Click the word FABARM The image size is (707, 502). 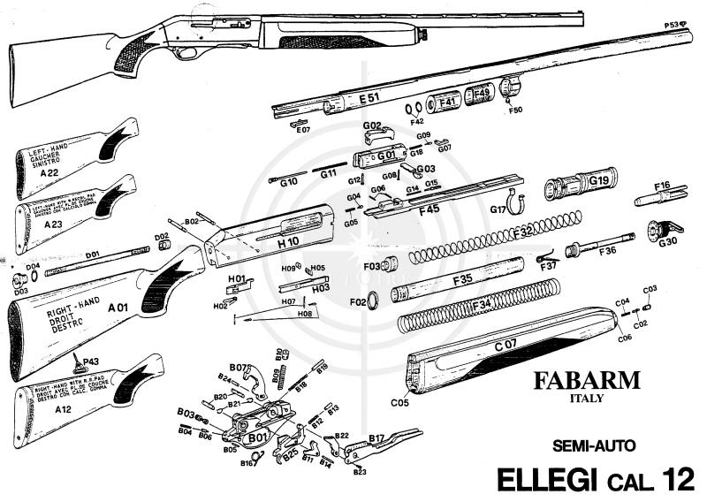[586, 381]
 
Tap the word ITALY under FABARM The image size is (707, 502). [585, 399]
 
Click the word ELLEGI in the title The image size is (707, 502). [550, 479]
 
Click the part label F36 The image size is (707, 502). [607, 251]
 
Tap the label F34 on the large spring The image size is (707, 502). [483, 306]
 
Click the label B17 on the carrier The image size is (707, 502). [377, 437]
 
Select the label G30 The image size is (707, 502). [668, 241]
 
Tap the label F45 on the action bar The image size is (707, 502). [429, 209]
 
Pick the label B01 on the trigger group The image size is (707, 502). [256, 437]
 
